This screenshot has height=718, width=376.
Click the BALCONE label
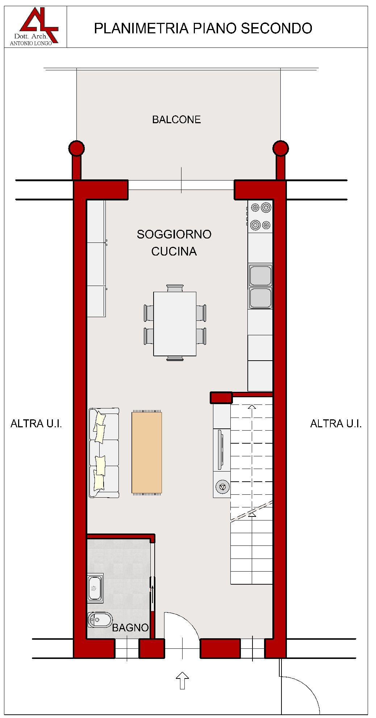[176, 120]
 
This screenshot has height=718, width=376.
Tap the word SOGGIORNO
[174, 234]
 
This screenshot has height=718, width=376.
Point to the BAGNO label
[130, 628]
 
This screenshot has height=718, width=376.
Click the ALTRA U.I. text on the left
[36, 423]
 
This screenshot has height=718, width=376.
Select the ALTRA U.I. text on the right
[336, 423]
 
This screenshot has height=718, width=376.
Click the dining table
[175, 324]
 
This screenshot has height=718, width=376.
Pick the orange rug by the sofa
[147, 452]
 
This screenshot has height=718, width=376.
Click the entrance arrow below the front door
[182, 680]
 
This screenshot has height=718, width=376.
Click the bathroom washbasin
[95, 588]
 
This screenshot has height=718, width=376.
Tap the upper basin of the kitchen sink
[260, 275]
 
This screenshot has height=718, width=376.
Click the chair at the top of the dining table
[175, 288]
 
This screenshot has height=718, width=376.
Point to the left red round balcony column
[76, 148]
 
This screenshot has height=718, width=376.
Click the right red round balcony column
[281, 148]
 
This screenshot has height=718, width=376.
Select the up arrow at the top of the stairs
[252, 407]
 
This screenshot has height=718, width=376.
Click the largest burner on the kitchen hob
[266, 207]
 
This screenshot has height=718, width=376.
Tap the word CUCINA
[174, 251]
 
